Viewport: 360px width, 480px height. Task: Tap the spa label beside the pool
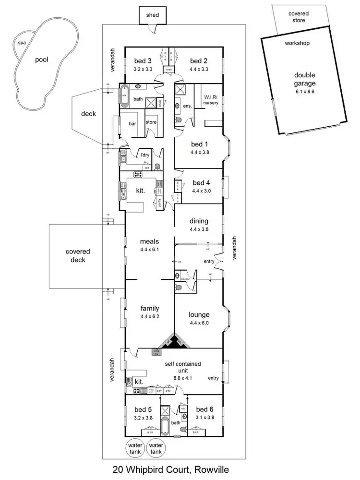[x=22, y=43]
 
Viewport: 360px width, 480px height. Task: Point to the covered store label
[x=298, y=17]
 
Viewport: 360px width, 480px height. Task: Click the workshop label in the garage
[x=297, y=43]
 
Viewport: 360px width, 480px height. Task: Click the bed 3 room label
[x=143, y=61]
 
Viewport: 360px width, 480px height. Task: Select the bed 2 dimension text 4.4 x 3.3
[x=198, y=69]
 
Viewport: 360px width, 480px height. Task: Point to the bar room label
[x=132, y=123]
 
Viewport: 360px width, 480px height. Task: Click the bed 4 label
[x=201, y=183]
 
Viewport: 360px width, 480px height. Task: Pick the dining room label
[x=199, y=221]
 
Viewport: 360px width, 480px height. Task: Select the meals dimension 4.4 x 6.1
[x=149, y=250]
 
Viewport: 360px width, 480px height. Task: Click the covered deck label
[x=78, y=255]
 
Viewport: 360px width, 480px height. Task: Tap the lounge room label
[x=199, y=315]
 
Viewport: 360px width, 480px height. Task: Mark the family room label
[x=149, y=308]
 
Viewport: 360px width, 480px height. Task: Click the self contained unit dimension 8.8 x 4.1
[x=181, y=378]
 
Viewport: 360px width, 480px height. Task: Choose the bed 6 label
[x=204, y=409]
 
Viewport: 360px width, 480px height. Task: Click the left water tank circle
[x=135, y=448]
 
